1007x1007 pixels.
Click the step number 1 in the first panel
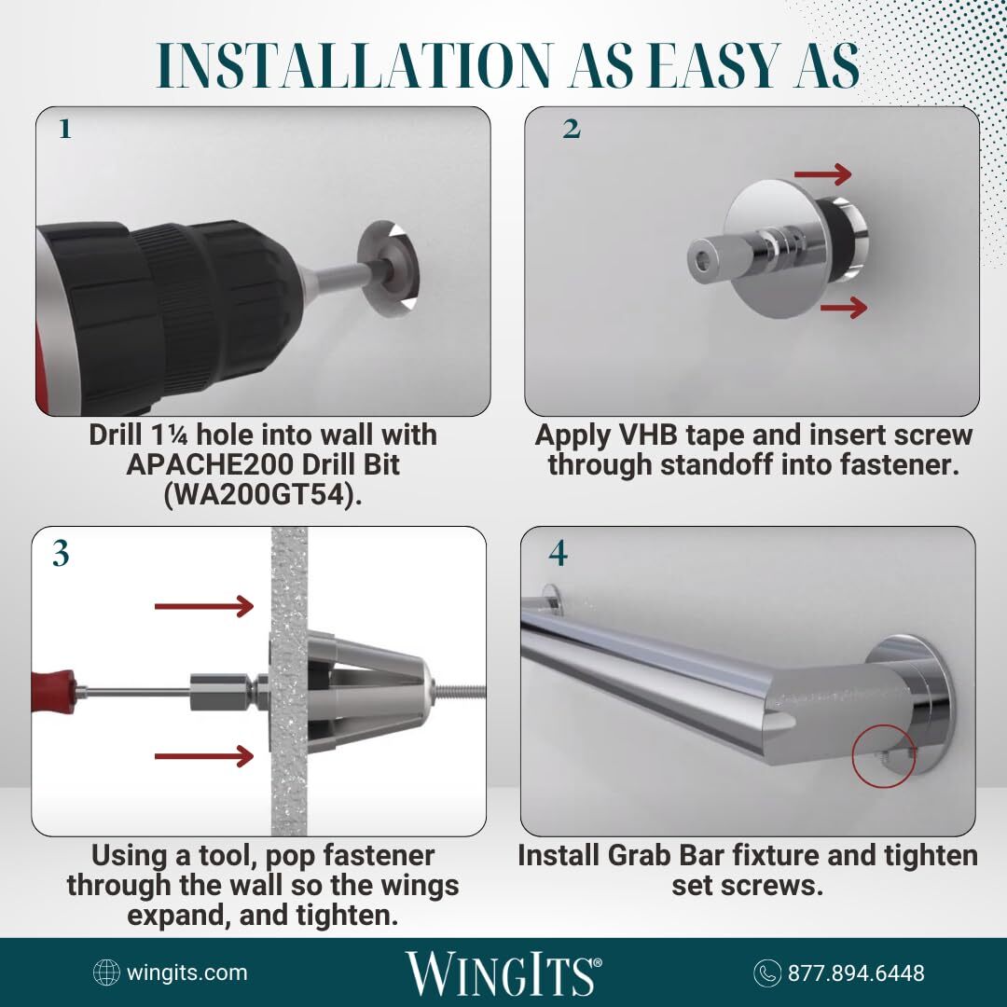click(x=65, y=129)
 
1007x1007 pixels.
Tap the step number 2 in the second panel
click(x=571, y=129)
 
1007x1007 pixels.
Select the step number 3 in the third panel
click(x=61, y=553)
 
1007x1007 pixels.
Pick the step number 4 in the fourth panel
click(x=559, y=553)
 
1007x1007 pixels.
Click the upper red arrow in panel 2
click(x=822, y=173)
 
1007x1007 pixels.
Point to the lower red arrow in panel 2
click(x=843, y=307)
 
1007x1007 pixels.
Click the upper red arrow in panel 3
click(x=204, y=606)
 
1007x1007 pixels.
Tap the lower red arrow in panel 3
click(x=204, y=756)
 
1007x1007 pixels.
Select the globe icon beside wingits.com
click(x=106, y=973)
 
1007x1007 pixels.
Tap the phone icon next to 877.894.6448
click(x=766, y=973)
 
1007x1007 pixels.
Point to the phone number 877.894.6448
click(x=856, y=973)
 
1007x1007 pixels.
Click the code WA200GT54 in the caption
click(x=263, y=494)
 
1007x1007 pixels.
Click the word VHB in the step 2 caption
click(x=649, y=435)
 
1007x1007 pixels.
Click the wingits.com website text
click(x=186, y=973)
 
